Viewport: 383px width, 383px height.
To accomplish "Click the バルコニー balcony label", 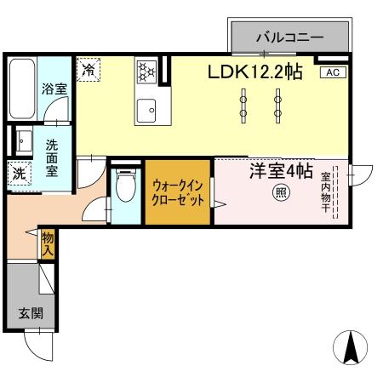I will pyautogui.click(x=290, y=37).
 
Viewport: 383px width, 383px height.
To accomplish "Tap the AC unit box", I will pyautogui.click(x=333, y=72).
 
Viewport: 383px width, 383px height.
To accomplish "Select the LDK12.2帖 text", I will pyautogui.click(x=254, y=72).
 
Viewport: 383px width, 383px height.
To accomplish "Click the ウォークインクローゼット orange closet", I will pyautogui.click(x=178, y=191).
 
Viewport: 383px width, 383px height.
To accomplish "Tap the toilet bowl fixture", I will pyautogui.click(x=125, y=186).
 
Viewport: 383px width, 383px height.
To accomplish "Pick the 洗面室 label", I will pyautogui.click(x=52, y=157).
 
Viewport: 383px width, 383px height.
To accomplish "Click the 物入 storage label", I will pyautogui.click(x=48, y=246).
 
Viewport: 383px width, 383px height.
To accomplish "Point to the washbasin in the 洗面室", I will pyautogui.click(x=21, y=140).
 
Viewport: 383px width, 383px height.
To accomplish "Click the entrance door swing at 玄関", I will pyautogui.click(x=40, y=345).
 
